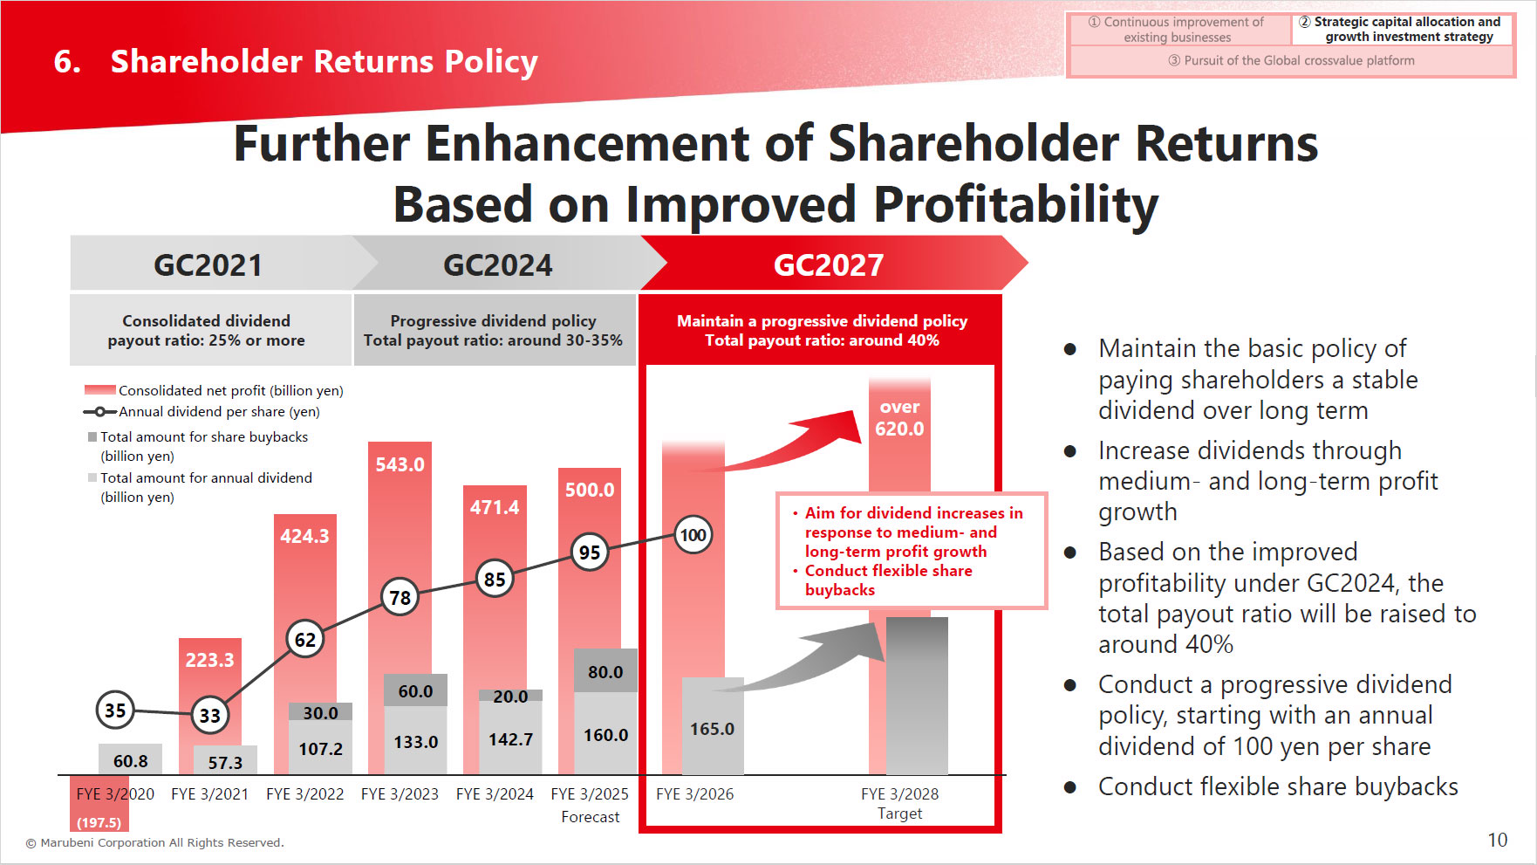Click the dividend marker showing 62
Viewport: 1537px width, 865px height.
coord(304,640)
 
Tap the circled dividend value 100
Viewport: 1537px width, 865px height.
coord(693,535)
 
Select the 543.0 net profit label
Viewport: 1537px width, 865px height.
coord(400,464)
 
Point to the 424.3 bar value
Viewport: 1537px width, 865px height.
coord(304,536)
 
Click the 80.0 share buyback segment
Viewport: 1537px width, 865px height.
coord(605,671)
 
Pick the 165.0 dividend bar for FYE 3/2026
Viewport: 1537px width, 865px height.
coord(712,728)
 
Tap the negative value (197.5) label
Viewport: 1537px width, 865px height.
coord(99,822)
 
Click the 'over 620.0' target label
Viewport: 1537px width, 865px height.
coord(899,418)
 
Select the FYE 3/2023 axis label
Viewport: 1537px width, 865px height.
coord(400,794)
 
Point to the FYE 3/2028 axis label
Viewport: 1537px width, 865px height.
coord(899,794)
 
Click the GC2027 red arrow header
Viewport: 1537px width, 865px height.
coord(829,264)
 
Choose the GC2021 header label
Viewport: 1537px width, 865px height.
coord(208,264)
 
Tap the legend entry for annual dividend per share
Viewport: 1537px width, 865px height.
coord(218,412)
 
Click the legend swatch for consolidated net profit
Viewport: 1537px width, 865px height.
coord(99,390)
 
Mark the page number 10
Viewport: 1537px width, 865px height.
coord(1497,840)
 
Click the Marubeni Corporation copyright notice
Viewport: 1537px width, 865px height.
coord(154,842)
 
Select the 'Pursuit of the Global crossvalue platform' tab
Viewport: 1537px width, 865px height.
coord(1291,60)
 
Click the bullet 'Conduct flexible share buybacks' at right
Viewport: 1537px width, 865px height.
coord(1277,786)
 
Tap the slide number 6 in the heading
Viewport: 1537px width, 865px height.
coord(67,62)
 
